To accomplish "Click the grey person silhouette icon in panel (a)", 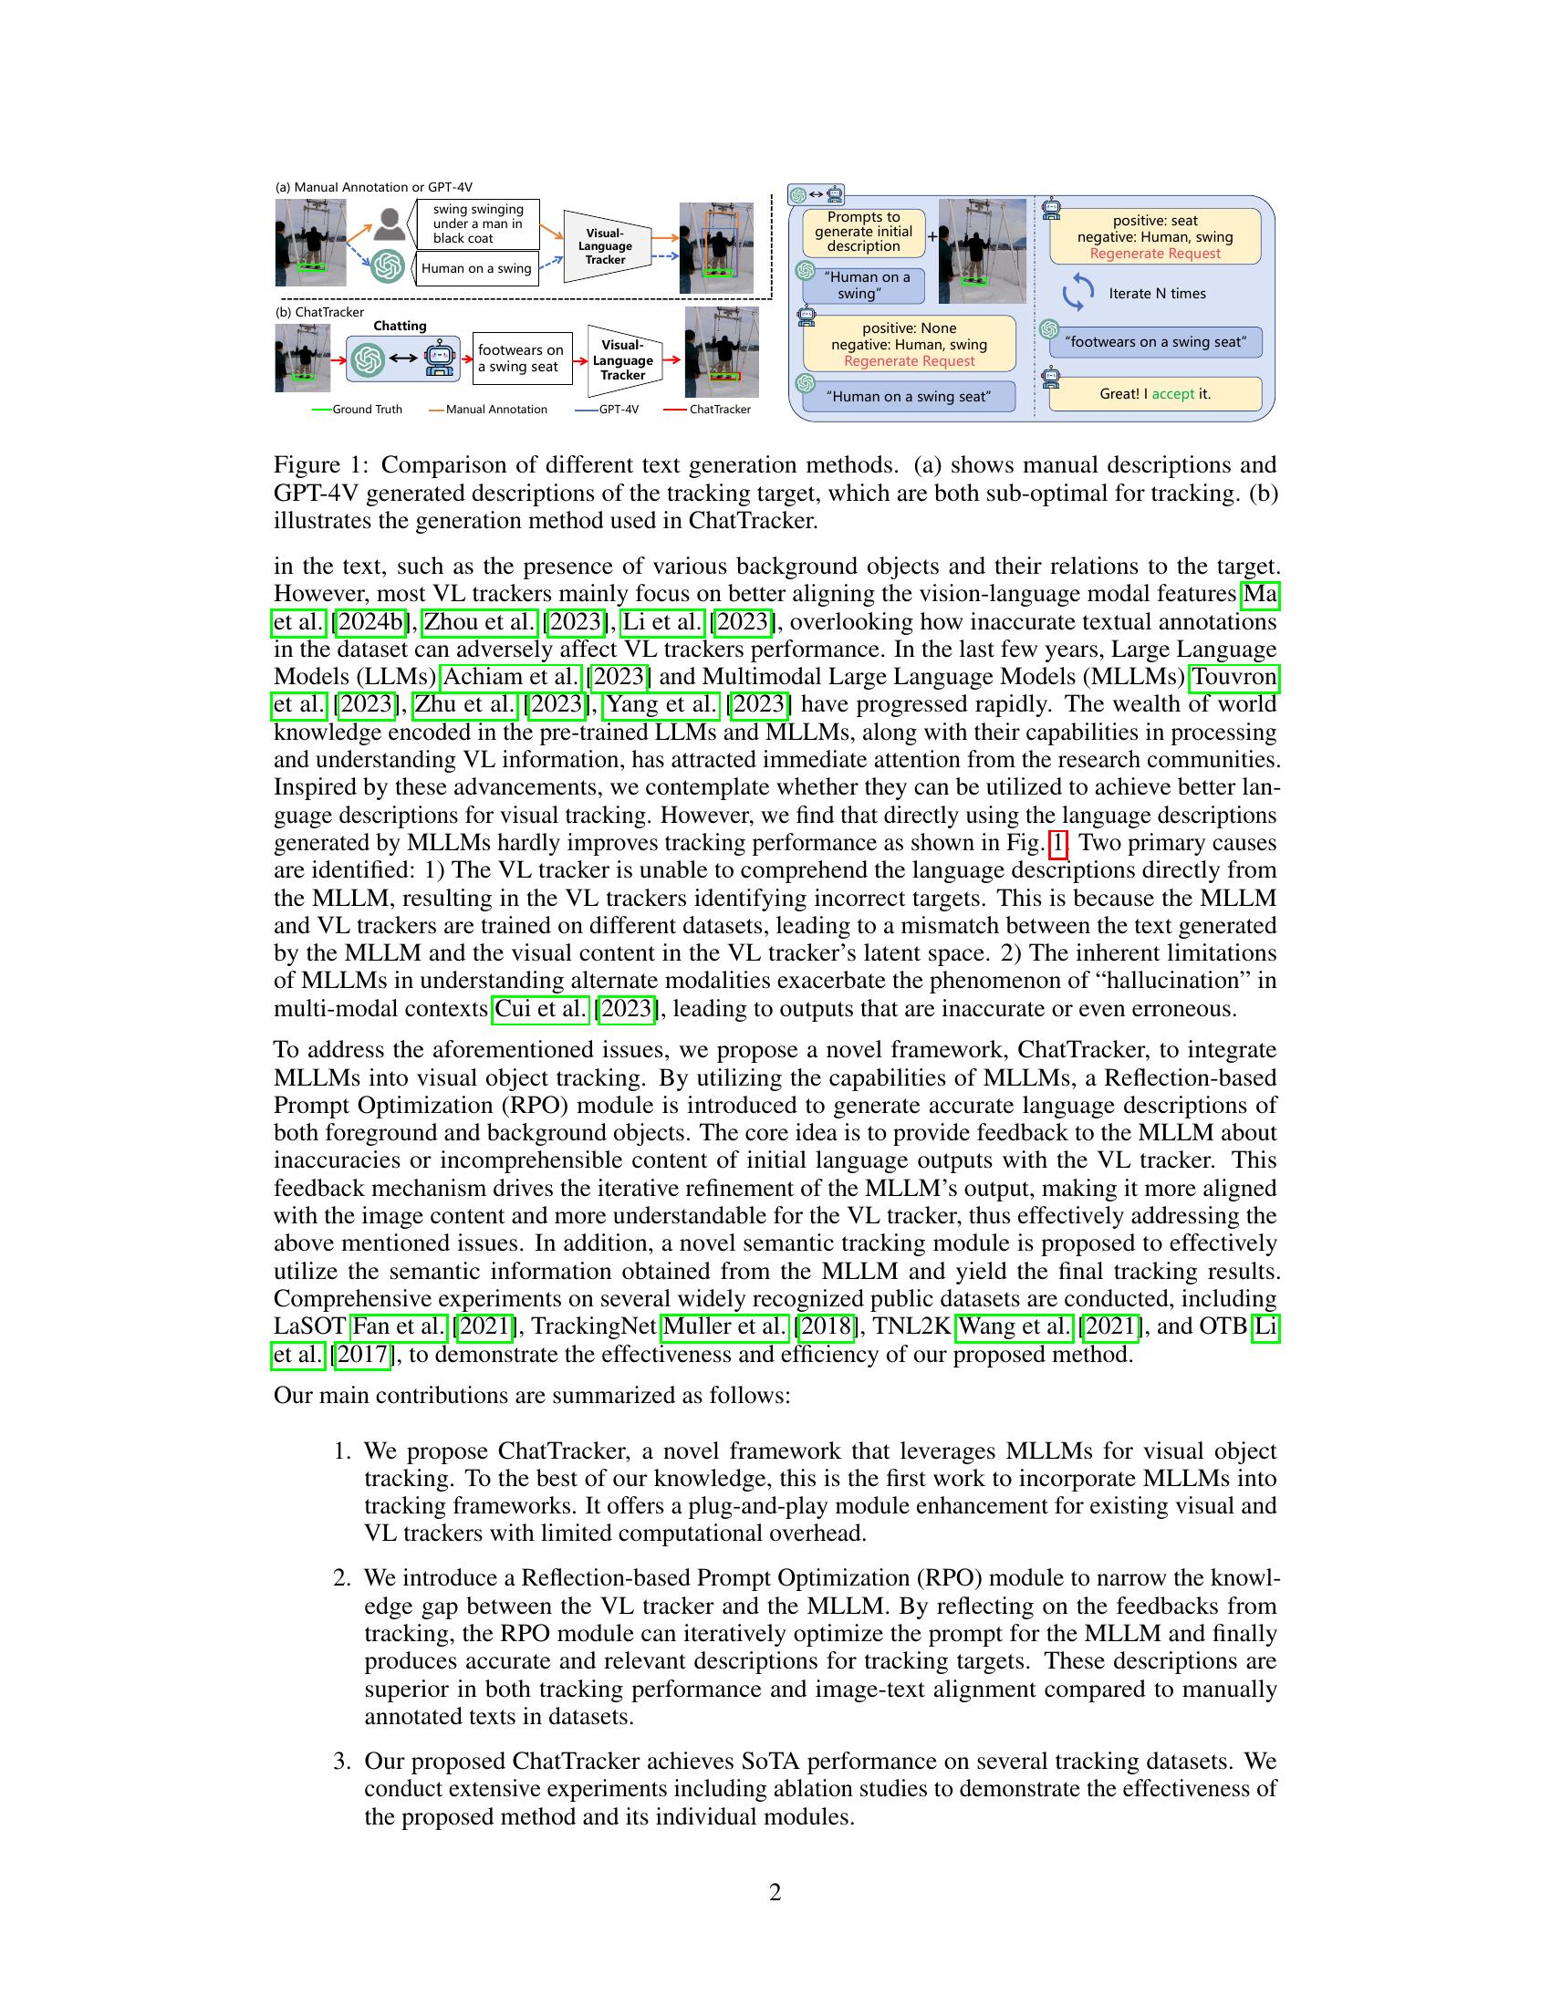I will (390, 224).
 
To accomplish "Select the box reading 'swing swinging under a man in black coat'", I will (477, 224).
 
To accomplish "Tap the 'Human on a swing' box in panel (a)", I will (476, 268).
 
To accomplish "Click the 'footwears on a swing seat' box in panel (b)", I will (521, 359).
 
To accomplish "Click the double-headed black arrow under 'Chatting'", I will (403, 359).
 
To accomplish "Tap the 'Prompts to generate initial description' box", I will (863, 233).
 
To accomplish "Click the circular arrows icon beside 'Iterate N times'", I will (1077, 293).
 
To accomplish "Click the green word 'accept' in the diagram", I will (1173, 394).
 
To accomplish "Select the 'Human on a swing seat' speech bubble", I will (909, 397).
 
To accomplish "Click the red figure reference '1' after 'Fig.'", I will (1058, 844).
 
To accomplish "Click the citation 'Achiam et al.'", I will (511, 677).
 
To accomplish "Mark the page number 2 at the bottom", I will (775, 1893).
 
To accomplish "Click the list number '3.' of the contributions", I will (342, 1762).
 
